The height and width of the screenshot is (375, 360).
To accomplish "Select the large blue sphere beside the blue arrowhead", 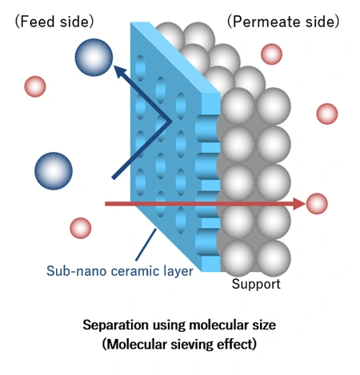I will [x=93, y=56].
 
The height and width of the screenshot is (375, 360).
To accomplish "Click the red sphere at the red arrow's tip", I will [x=318, y=204].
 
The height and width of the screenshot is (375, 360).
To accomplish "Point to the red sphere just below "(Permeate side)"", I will [x=272, y=54].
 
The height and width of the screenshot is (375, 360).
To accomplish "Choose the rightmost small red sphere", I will [x=327, y=114].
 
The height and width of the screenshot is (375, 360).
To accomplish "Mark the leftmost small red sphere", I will [x=34, y=86].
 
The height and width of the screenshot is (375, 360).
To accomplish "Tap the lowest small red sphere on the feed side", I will [x=80, y=228].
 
